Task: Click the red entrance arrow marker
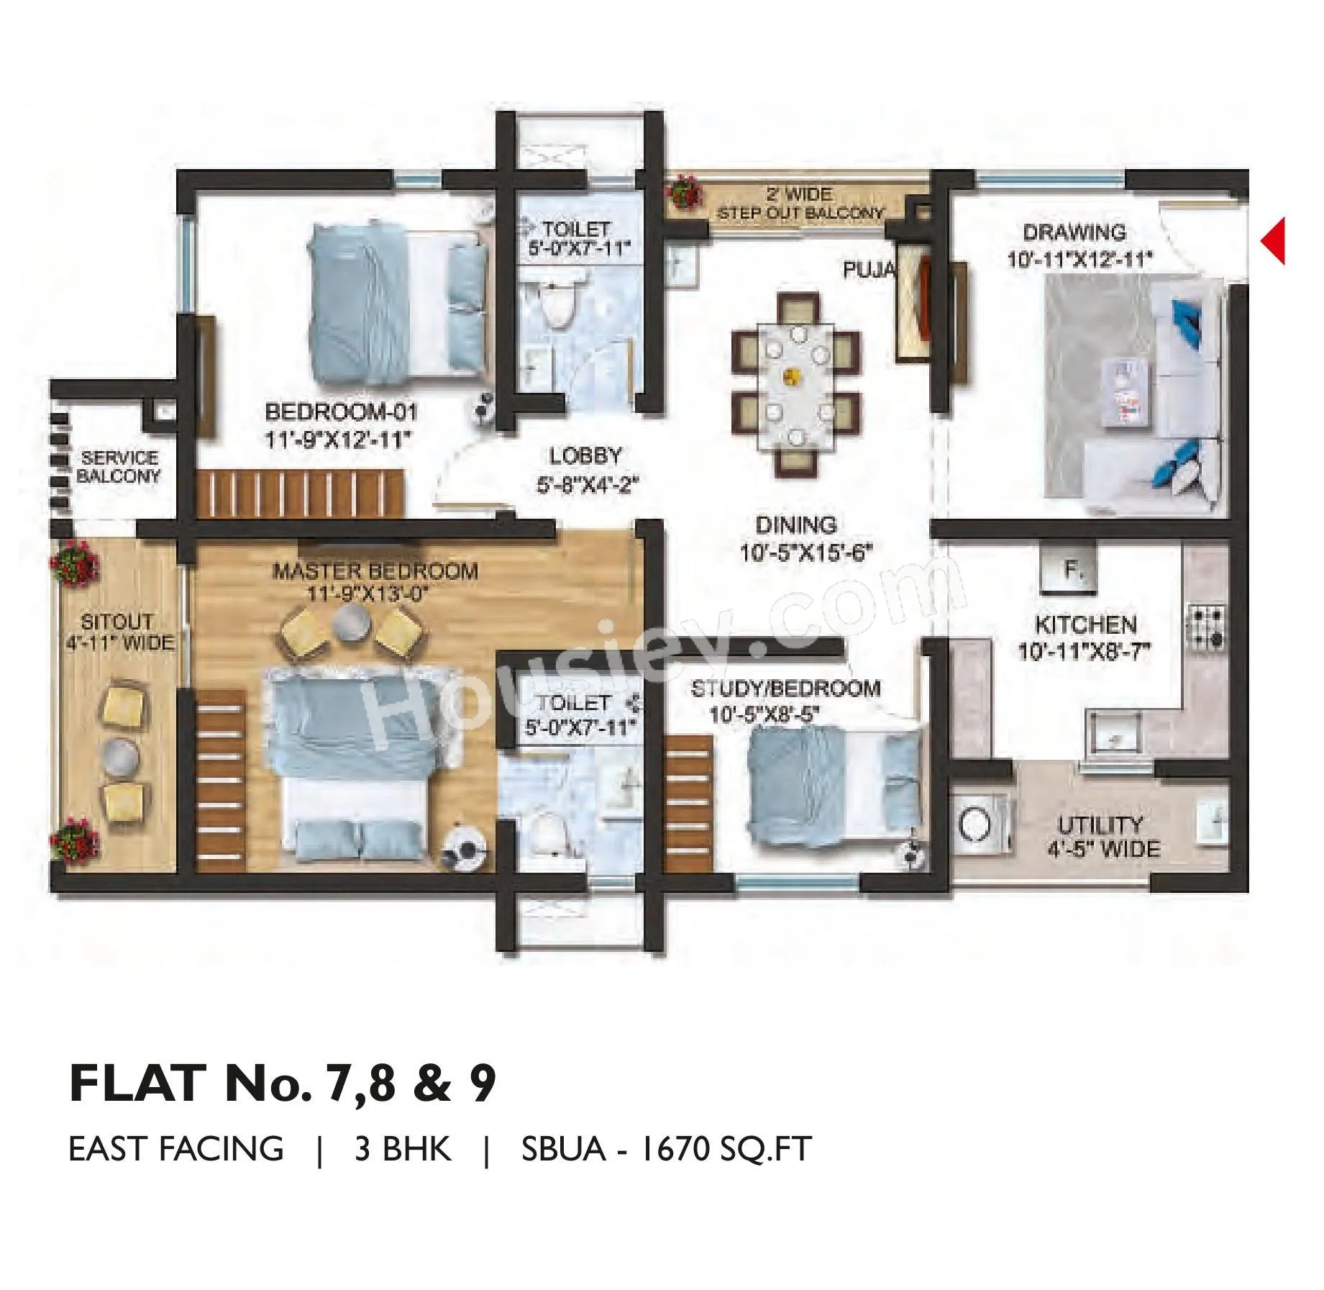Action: [1274, 241]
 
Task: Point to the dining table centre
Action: [795, 374]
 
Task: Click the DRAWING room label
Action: [1074, 233]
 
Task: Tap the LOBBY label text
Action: [585, 456]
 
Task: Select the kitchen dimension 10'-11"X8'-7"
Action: [1085, 652]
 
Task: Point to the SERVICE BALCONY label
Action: [119, 467]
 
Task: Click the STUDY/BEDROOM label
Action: [786, 689]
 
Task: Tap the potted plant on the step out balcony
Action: [683, 193]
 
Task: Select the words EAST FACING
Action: [176, 1149]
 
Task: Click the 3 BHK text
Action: [403, 1149]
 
